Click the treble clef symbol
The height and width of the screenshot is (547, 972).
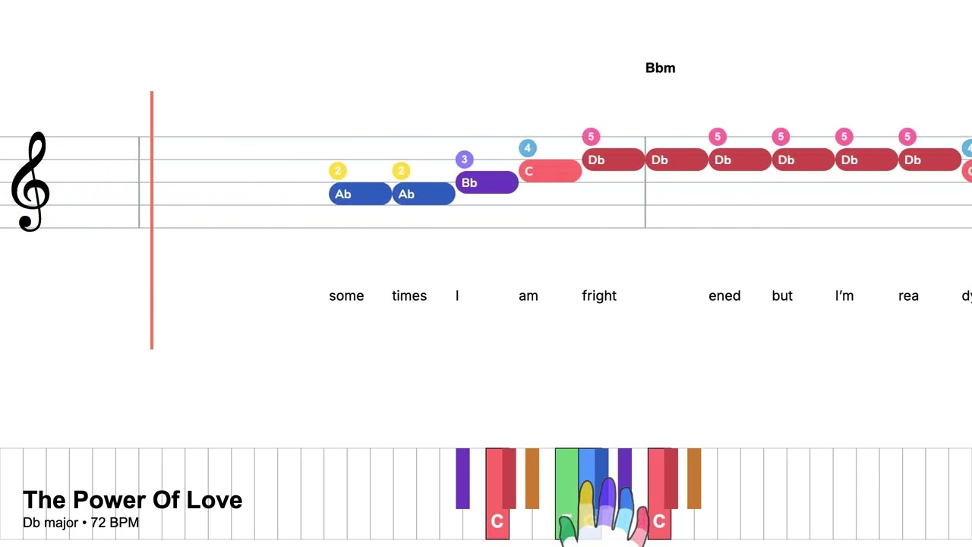pyautogui.click(x=30, y=182)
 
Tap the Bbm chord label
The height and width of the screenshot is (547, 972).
pyautogui.click(x=660, y=68)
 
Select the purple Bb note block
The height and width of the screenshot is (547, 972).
pyautogui.click(x=487, y=182)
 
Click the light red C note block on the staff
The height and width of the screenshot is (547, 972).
pyautogui.click(x=551, y=171)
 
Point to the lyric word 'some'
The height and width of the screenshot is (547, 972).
pyautogui.click(x=346, y=296)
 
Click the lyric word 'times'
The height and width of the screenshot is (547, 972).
pyautogui.click(x=409, y=296)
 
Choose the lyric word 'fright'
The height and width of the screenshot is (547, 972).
pyautogui.click(x=599, y=296)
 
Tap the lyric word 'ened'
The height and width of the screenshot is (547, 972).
pyautogui.click(x=724, y=296)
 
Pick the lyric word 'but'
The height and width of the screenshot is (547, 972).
pyautogui.click(x=782, y=296)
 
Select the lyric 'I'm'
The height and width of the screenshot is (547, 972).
pyautogui.click(x=844, y=296)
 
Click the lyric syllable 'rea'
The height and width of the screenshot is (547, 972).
pyautogui.click(x=908, y=296)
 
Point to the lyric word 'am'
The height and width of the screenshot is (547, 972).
pyautogui.click(x=528, y=296)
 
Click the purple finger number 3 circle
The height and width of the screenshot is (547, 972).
pyautogui.click(x=464, y=160)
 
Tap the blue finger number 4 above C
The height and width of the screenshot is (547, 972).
pyautogui.click(x=528, y=148)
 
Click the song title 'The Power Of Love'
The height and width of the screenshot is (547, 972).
pyautogui.click(x=132, y=500)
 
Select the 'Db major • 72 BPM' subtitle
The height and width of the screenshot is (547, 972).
pyautogui.click(x=80, y=523)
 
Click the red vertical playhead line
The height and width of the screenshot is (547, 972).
pyautogui.click(x=152, y=220)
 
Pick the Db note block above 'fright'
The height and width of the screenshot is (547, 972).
pyautogui.click(x=613, y=160)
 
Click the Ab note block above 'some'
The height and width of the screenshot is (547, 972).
pyautogui.click(x=360, y=194)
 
